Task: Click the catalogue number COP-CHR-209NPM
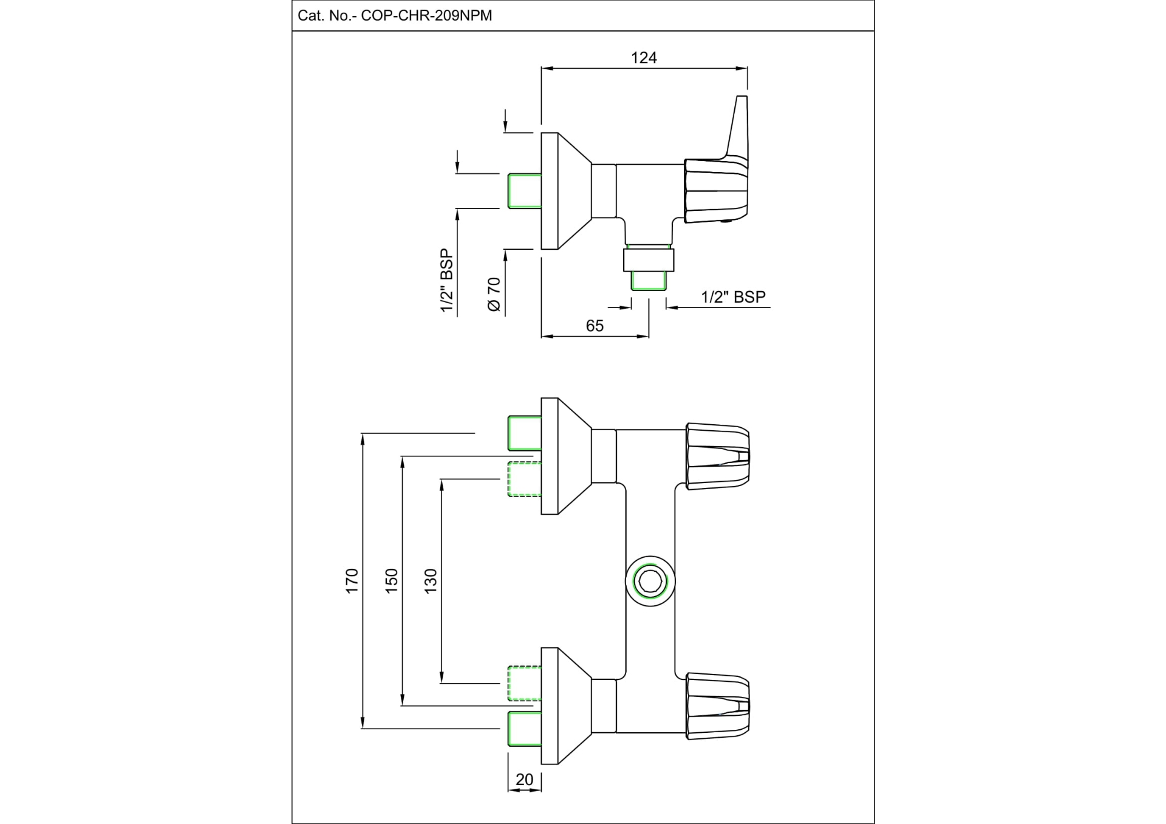pos(426,16)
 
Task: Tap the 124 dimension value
pos(644,58)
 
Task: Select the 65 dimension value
pos(595,326)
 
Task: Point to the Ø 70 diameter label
pos(494,295)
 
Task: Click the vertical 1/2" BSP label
pos(447,281)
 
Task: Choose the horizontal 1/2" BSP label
pos(733,297)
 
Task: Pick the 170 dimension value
pos(352,581)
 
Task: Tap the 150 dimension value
pos(391,581)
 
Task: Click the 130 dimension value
pos(430,581)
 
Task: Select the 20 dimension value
pos(524,780)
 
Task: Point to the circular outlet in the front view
pos(650,581)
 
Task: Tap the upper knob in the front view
pos(717,456)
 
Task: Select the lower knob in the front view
pos(717,706)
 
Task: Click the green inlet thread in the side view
pos(525,191)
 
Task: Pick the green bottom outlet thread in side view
pos(649,281)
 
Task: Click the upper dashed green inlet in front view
pos(524,479)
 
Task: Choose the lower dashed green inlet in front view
pos(524,684)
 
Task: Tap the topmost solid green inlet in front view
pos(524,433)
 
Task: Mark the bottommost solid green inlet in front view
pos(524,729)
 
